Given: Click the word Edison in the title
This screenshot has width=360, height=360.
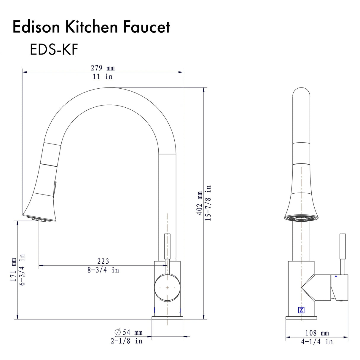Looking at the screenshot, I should click(x=36, y=27).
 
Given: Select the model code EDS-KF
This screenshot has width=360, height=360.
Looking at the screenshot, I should click(x=54, y=50).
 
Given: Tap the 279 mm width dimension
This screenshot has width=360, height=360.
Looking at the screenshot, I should click(x=103, y=68).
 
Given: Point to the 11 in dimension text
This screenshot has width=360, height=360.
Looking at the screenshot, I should click(x=103, y=77).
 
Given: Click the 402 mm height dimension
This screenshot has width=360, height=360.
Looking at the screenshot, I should click(x=200, y=203).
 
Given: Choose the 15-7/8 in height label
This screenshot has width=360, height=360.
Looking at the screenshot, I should click(x=208, y=203).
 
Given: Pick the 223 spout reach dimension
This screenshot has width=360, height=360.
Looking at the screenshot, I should click(x=103, y=261).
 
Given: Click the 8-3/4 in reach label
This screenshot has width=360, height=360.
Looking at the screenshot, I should click(x=103, y=270).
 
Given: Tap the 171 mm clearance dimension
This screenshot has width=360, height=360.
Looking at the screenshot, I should click(x=14, y=270).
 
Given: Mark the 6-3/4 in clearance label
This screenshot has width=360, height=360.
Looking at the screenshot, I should click(x=22, y=270).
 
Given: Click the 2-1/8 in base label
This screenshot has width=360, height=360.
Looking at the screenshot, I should click(x=127, y=341).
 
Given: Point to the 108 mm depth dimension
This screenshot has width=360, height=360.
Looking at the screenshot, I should click(x=317, y=333).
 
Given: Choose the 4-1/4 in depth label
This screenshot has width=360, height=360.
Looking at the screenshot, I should click(x=317, y=342).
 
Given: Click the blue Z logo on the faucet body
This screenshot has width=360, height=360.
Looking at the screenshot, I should click(x=301, y=310).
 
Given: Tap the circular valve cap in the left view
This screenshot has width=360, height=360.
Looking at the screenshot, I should click(x=168, y=288).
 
